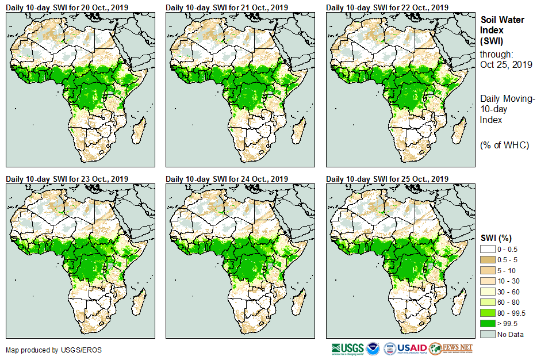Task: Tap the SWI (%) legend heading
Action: pos(496,238)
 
